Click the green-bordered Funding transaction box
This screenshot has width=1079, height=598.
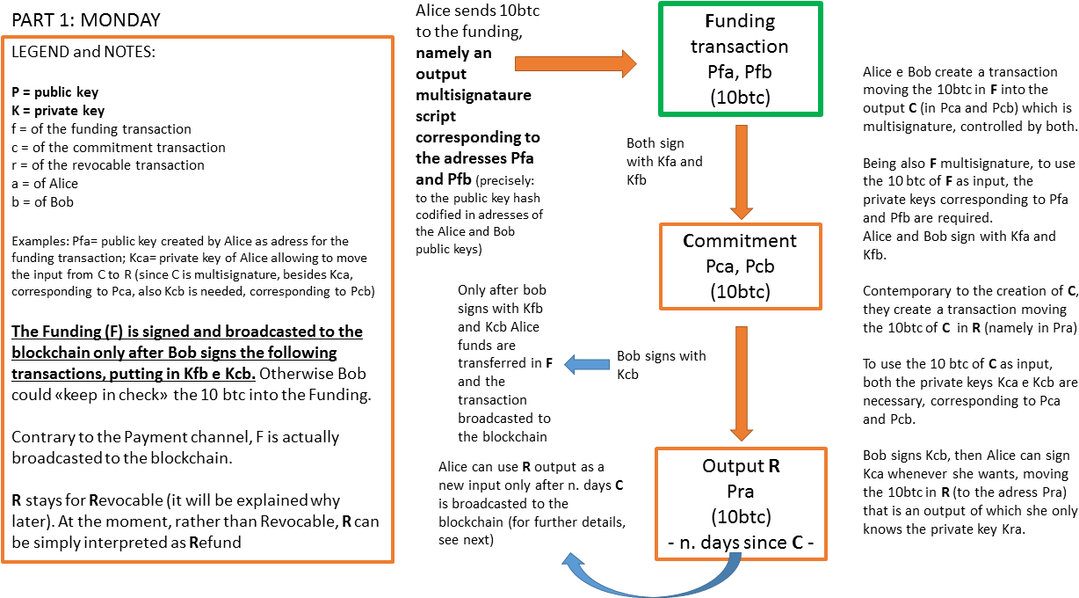tap(740, 59)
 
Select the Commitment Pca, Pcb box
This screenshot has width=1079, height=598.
tap(740, 266)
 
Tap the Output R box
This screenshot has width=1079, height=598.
tap(740, 503)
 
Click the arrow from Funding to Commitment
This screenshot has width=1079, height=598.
tap(741, 171)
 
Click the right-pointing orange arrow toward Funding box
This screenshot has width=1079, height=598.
tap(576, 63)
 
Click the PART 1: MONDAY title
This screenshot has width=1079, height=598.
tap(87, 19)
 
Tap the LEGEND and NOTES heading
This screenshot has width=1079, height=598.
tap(83, 52)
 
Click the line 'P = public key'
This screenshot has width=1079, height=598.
tap(54, 92)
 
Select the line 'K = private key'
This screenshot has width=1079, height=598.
tap(58, 111)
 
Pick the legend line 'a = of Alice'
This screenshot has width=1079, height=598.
tap(45, 184)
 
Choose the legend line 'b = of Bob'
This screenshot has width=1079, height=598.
tap(42, 202)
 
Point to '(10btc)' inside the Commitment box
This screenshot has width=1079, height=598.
tap(740, 291)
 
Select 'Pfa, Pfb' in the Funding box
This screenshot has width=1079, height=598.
tap(740, 72)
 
